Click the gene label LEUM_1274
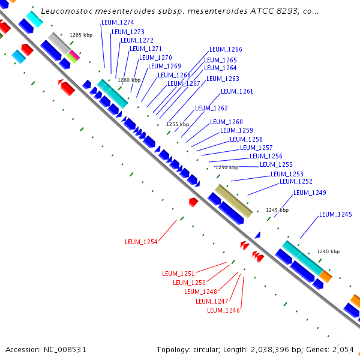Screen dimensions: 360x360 pyautogui.click(x=118, y=23)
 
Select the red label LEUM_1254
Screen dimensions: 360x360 pyautogui.click(x=141, y=242)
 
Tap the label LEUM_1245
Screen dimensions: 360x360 pyautogui.click(x=335, y=215)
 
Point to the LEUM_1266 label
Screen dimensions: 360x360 pyautogui.click(x=226, y=50)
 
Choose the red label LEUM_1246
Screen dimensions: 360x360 pyautogui.click(x=223, y=311)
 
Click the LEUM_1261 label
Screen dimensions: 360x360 pyautogui.click(x=237, y=92)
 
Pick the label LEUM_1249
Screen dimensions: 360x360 pyautogui.click(x=310, y=193)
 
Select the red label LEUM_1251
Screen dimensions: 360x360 pyautogui.click(x=178, y=274)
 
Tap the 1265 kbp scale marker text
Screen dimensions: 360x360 pyautogui.click(x=80, y=35)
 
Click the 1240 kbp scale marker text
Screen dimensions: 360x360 pyautogui.click(x=328, y=251)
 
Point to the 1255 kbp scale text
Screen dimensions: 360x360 pyautogui.click(x=178, y=124)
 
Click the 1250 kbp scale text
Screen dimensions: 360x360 pyautogui.click(x=227, y=168)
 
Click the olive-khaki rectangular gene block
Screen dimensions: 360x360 pyautogui.click(x=233, y=200)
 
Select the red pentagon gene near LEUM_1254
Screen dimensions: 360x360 pyautogui.click(x=193, y=202)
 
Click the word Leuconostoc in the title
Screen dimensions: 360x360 pyautogui.click(x=67, y=11)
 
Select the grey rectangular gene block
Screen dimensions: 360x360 pyautogui.click(x=59, y=43)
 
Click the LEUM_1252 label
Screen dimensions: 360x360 pyautogui.click(x=296, y=181)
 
